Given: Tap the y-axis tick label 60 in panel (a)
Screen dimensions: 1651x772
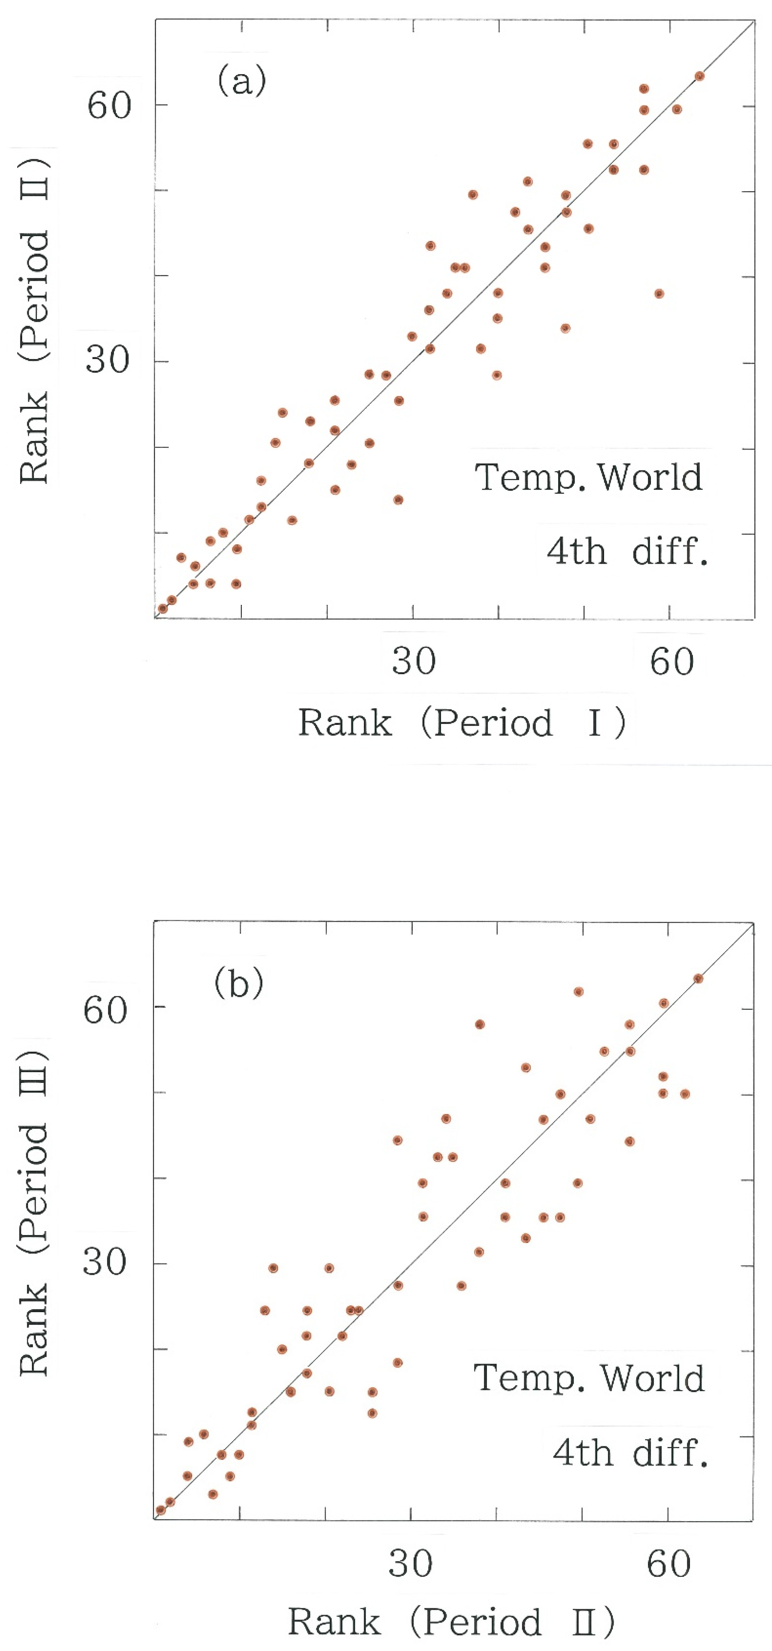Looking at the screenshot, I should coord(109,105).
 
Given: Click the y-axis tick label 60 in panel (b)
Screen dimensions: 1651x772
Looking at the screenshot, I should coord(106,1010).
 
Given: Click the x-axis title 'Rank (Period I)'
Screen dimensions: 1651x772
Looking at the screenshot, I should coord(462,723).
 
